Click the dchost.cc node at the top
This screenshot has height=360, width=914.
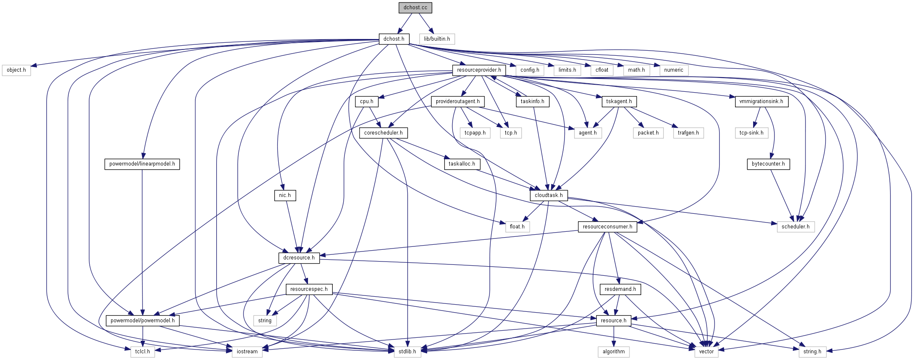click(415, 8)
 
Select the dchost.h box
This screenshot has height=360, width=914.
click(394, 39)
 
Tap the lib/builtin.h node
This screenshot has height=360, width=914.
click(437, 39)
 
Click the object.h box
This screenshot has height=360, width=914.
click(16, 70)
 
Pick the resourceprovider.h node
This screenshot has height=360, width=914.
click(479, 70)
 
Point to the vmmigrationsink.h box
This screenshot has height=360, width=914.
click(761, 101)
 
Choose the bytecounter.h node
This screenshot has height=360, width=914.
click(768, 164)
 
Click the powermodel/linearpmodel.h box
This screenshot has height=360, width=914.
click(142, 164)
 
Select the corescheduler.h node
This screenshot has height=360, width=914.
click(383, 133)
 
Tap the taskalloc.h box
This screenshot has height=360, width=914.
click(462, 164)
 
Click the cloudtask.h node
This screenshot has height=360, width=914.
click(549, 195)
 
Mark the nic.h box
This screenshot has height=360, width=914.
click(285, 195)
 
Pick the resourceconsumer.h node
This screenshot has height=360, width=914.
click(607, 227)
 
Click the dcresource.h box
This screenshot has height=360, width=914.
click(299, 258)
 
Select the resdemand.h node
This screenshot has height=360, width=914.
click(620, 289)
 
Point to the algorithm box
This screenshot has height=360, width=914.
click(614, 352)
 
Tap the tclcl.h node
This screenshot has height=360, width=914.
click(142, 352)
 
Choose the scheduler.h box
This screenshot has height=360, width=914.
click(795, 227)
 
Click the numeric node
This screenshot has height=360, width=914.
click(673, 70)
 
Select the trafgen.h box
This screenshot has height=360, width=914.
click(688, 133)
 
